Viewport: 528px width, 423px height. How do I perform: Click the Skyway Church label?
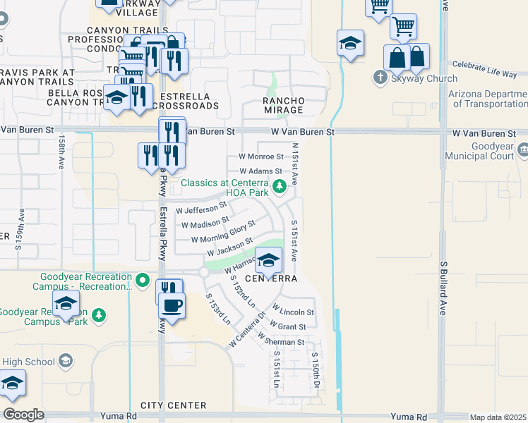tap(424, 79)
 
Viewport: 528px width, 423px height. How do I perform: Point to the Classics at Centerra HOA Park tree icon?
tap(280, 186)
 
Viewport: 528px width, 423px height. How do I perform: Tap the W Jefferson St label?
tap(201, 209)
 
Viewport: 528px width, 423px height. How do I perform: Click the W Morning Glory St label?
tap(222, 233)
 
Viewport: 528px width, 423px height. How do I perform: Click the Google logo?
tap(23, 415)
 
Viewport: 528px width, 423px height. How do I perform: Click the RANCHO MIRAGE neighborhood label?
tap(283, 105)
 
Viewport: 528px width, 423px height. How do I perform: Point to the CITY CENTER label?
tap(173, 405)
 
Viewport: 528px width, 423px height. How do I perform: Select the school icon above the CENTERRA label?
tap(268, 262)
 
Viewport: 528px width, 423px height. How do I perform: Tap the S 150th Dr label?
tap(316, 370)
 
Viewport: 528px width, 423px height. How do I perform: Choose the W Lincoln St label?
tap(292, 312)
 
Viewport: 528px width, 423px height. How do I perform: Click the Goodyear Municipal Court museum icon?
tap(523, 149)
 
